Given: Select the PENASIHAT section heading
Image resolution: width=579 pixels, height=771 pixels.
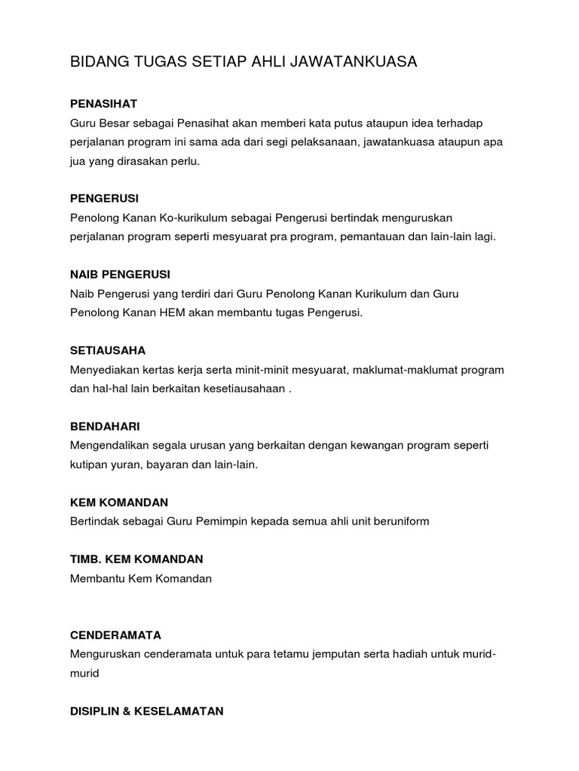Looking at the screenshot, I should click(103, 103).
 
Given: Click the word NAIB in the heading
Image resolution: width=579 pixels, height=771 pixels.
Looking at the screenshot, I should click(84, 274).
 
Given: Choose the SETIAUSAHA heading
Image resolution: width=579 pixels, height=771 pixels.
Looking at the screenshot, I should click(108, 350).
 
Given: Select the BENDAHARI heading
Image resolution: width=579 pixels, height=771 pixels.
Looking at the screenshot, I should click(105, 426).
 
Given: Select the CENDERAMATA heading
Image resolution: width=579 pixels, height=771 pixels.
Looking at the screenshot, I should click(115, 635).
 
